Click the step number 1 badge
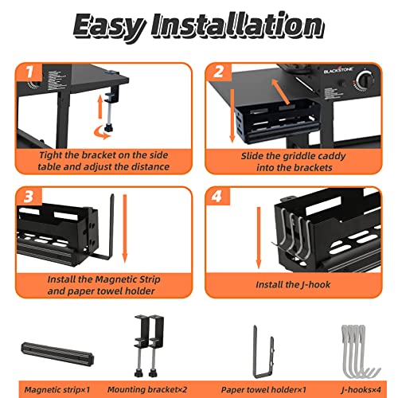coord(29,72)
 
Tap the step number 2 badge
coord(219,72)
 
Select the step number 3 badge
coord(29,197)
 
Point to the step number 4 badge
coord(217,197)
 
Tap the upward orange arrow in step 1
coord(100,107)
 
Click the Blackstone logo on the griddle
coord(338,71)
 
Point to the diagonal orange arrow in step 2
coord(280,91)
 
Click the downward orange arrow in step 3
coord(125,228)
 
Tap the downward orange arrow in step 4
coord(259,238)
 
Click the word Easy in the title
coord(109,26)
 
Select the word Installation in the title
coord(237,25)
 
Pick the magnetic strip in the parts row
coord(57,353)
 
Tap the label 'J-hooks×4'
coord(361,390)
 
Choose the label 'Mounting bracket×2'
coord(147,389)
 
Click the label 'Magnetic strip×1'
coord(57,390)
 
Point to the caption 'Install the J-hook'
coord(293,285)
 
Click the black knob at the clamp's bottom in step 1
coord(108,128)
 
